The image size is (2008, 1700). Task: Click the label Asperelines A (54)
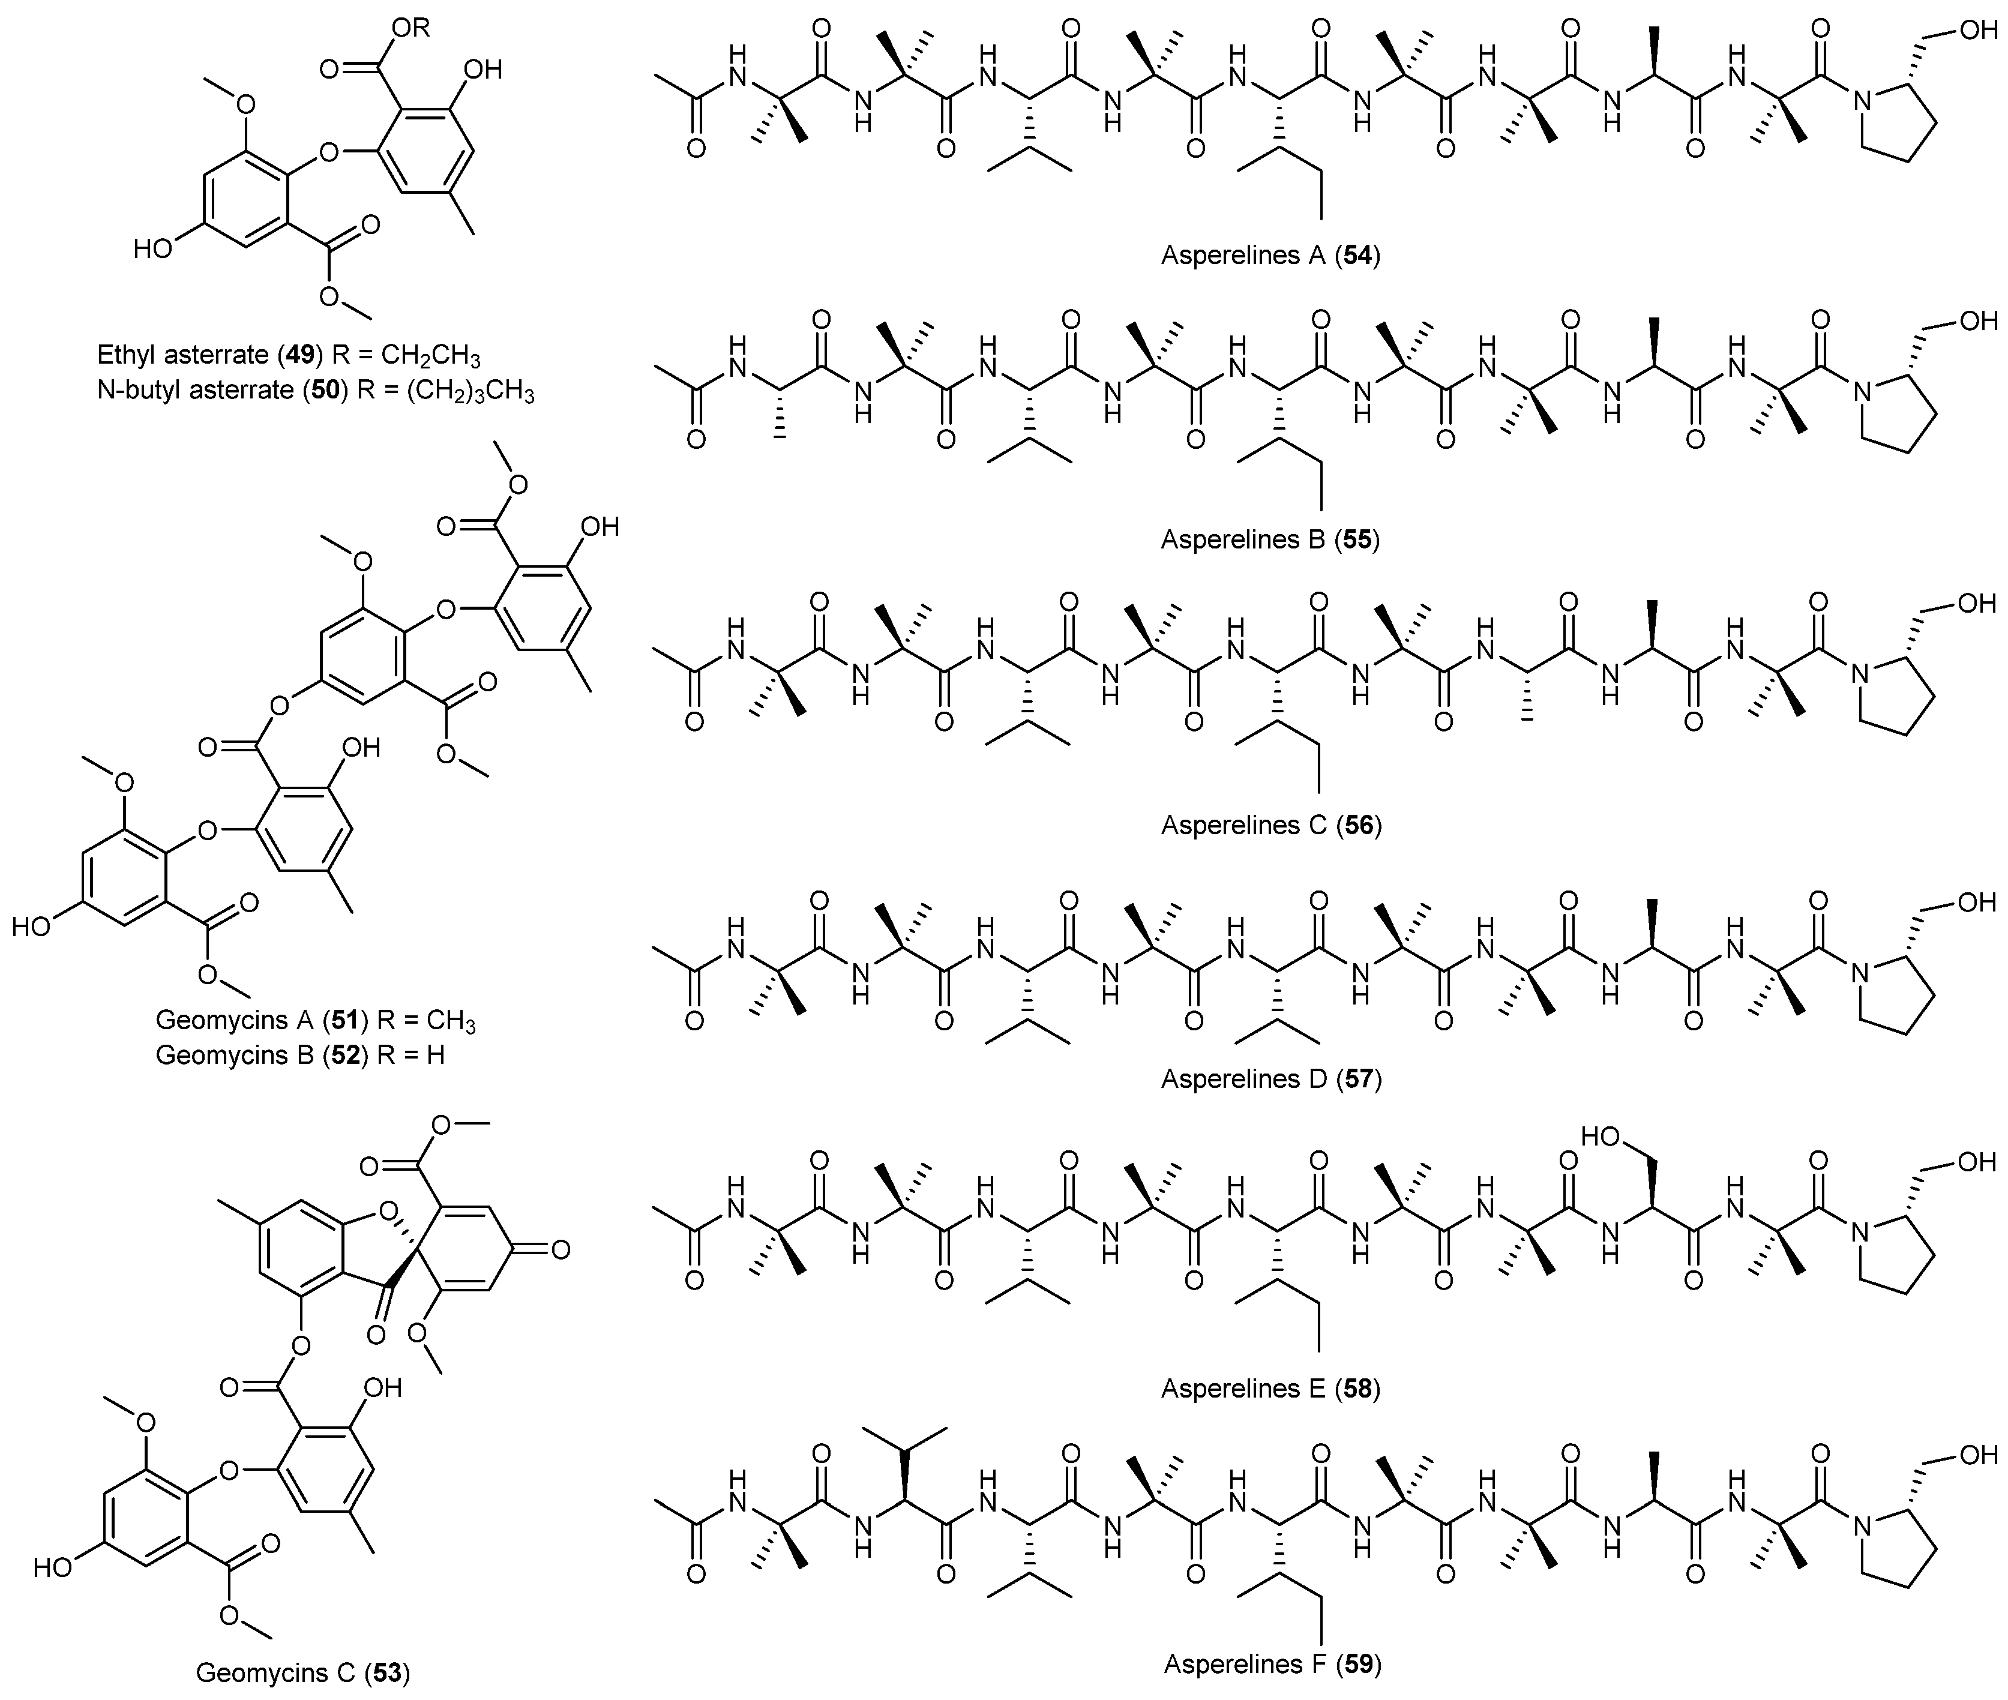tap(1270, 256)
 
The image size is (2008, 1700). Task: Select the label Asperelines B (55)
tap(1270, 539)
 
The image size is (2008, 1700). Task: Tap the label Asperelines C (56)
tap(1270, 825)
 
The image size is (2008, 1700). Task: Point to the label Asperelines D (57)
tap(1270, 1078)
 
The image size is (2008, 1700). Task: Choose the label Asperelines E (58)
tap(1270, 1389)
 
